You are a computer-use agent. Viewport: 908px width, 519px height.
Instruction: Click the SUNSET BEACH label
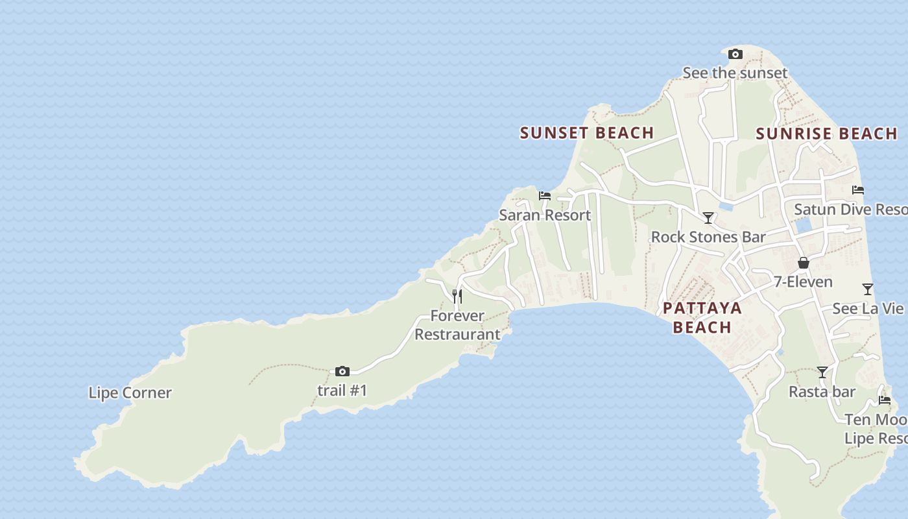pyautogui.click(x=587, y=133)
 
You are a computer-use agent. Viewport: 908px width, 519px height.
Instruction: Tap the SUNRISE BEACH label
pyautogui.click(x=826, y=134)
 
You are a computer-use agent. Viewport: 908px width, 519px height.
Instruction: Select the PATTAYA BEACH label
pyautogui.click(x=702, y=317)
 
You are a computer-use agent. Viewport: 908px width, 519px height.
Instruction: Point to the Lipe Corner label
pyautogui.click(x=130, y=392)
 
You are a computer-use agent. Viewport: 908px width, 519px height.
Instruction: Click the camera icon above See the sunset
pyautogui.click(x=735, y=54)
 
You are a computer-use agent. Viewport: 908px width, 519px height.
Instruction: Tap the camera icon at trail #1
pyautogui.click(x=342, y=372)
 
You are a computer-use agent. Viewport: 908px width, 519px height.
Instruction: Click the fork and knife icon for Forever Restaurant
pyautogui.click(x=457, y=296)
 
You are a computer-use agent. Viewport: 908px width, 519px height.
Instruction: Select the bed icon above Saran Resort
pyautogui.click(x=545, y=195)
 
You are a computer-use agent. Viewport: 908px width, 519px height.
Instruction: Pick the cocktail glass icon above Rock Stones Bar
pyautogui.click(x=708, y=218)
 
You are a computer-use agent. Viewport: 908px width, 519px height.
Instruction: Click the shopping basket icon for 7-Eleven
pyautogui.click(x=804, y=263)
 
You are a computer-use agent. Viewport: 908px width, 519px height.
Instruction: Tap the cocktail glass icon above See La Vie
pyautogui.click(x=868, y=289)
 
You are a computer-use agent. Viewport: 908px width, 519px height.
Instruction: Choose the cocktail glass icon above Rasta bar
pyautogui.click(x=822, y=372)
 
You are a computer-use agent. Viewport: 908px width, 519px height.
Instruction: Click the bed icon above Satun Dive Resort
pyautogui.click(x=858, y=190)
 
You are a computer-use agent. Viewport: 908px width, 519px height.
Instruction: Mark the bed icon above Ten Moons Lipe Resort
pyautogui.click(x=885, y=400)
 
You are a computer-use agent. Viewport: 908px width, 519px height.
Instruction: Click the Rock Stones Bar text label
pyautogui.click(x=708, y=237)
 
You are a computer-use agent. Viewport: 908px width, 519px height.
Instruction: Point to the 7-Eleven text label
pyautogui.click(x=803, y=282)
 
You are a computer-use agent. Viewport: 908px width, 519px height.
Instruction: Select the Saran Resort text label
pyautogui.click(x=545, y=215)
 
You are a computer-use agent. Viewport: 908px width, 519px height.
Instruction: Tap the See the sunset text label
pyautogui.click(x=735, y=73)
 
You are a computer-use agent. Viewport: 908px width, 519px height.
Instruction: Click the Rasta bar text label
pyautogui.click(x=822, y=392)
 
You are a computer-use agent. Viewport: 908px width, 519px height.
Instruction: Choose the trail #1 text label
pyautogui.click(x=342, y=391)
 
